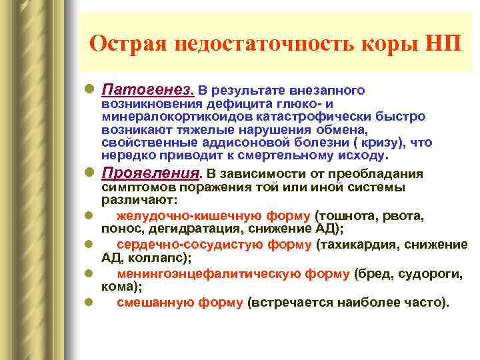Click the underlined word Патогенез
[147, 89]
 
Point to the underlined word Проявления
[151, 173]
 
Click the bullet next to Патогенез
[89, 89]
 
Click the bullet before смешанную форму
[89, 303]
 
